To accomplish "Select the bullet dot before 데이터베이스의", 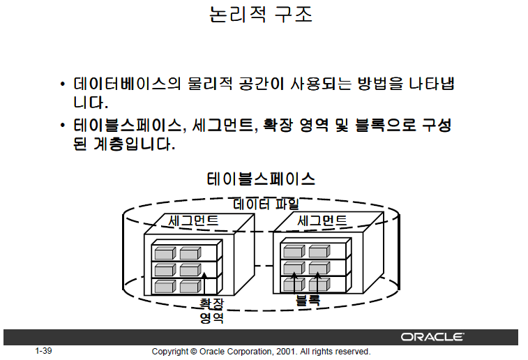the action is click(x=63, y=84).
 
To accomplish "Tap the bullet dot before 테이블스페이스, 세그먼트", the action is click(x=63, y=126).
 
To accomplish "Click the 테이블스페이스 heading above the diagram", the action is click(x=261, y=179).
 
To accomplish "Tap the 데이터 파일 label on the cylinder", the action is click(x=266, y=204).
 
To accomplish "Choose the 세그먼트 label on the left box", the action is click(x=193, y=220).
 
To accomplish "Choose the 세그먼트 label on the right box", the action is click(x=322, y=220).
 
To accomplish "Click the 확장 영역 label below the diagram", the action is click(x=211, y=311).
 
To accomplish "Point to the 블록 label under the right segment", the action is click(x=308, y=301).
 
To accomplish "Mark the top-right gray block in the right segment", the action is click(x=319, y=251).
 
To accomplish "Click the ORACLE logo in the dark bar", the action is click(x=432, y=337).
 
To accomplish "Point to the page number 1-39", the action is click(x=43, y=351).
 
